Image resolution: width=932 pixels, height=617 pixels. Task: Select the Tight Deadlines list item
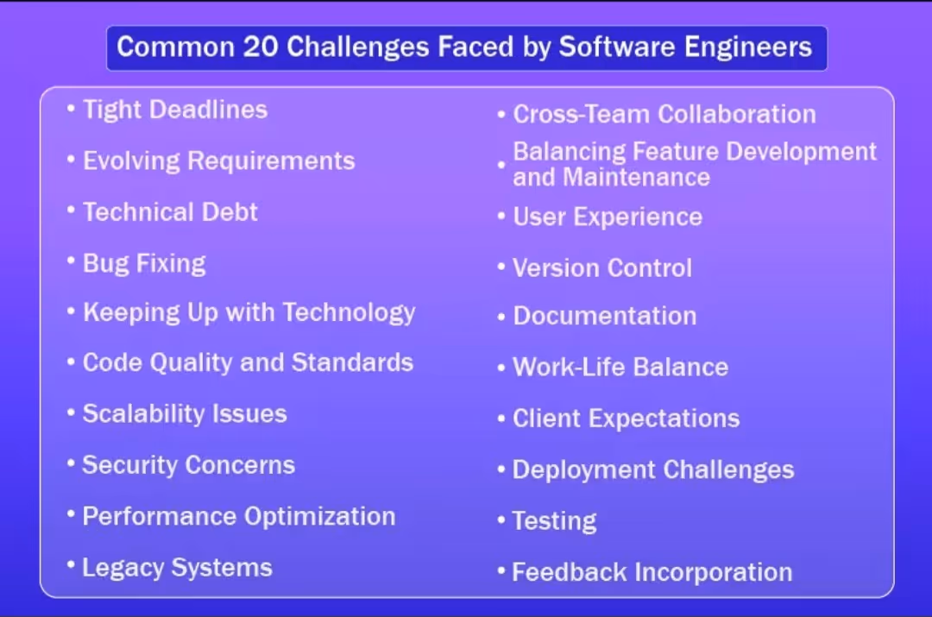pyautogui.click(x=174, y=110)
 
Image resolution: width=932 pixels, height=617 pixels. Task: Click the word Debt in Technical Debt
pyautogui.click(x=230, y=212)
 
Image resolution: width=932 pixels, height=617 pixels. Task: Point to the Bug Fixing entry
pyautogui.click(x=144, y=263)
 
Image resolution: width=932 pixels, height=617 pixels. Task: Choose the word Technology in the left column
pyautogui.click(x=349, y=313)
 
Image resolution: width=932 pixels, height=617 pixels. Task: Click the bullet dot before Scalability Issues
pyautogui.click(x=71, y=413)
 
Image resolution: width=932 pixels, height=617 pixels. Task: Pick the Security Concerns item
pyautogui.click(x=188, y=465)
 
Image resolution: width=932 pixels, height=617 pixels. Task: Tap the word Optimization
pyautogui.click(x=319, y=516)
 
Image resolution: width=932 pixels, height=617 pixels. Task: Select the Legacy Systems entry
pyautogui.click(x=177, y=568)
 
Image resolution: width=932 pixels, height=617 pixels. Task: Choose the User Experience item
pyautogui.click(x=608, y=217)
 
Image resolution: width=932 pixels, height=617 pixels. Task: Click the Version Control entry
pyautogui.click(x=602, y=268)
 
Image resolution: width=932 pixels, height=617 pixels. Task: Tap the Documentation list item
pyautogui.click(x=604, y=316)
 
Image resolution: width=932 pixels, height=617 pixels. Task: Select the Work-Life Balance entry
pyautogui.click(x=620, y=368)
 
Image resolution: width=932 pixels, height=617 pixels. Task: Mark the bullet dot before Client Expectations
pyautogui.click(x=501, y=419)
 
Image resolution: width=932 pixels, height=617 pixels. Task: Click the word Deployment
pyautogui.click(x=583, y=470)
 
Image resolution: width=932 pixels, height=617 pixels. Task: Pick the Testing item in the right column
pyautogui.click(x=554, y=521)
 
